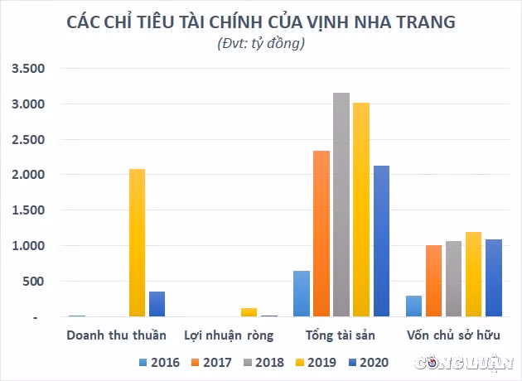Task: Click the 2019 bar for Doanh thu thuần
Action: [x=138, y=243]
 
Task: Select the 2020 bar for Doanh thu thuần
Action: [x=157, y=304]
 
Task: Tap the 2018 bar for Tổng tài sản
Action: [x=341, y=205]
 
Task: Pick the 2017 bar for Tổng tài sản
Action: [x=321, y=234]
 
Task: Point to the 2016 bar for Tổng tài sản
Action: [x=302, y=293]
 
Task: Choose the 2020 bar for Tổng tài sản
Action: [x=381, y=241]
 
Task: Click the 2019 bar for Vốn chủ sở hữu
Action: [x=473, y=274]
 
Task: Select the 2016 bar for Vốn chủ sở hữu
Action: [x=413, y=306]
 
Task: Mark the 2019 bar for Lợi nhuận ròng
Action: [x=249, y=312]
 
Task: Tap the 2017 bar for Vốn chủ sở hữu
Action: [x=434, y=281]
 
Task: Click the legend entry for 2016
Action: [x=159, y=363]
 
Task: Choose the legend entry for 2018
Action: [x=264, y=363]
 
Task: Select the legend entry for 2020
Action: [x=369, y=363]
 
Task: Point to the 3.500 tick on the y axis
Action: [x=28, y=69]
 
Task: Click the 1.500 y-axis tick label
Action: [x=28, y=210]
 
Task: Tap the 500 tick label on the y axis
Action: [x=33, y=282]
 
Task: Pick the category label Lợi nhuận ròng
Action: [x=229, y=335]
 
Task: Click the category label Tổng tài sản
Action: [x=341, y=335]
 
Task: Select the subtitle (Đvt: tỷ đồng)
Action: [x=261, y=43]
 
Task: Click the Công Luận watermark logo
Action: [x=464, y=363]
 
